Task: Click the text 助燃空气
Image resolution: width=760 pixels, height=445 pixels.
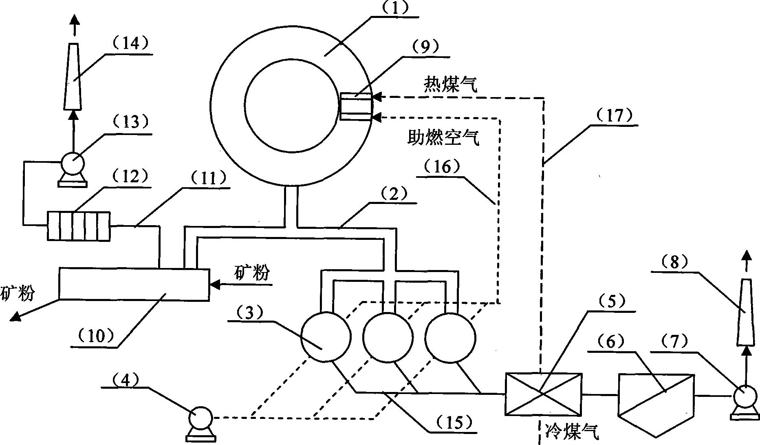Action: tap(443, 138)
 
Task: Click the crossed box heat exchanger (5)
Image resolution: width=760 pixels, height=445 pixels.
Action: tap(543, 394)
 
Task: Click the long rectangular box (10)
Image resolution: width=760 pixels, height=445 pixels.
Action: tap(134, 284)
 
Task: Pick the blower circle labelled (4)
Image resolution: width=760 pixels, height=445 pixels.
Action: tap(200, 418)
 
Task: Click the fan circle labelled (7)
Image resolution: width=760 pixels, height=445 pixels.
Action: tap(745, 396)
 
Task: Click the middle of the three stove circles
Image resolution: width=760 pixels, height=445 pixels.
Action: tap(388, 337)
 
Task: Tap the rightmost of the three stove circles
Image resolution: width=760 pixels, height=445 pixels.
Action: tap(450, 337)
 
